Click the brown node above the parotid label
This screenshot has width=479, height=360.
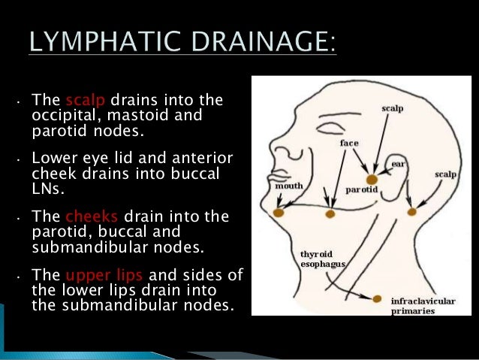coord(371,179)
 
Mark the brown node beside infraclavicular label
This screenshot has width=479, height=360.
coord(377,298)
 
